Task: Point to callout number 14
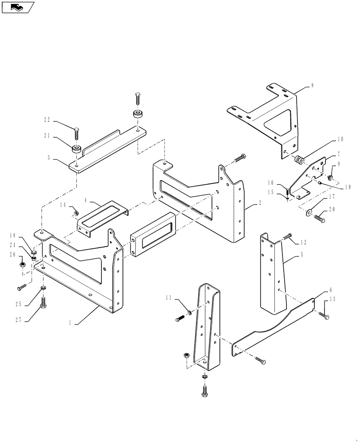(63, 205)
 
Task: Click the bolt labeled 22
(77, 131)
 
